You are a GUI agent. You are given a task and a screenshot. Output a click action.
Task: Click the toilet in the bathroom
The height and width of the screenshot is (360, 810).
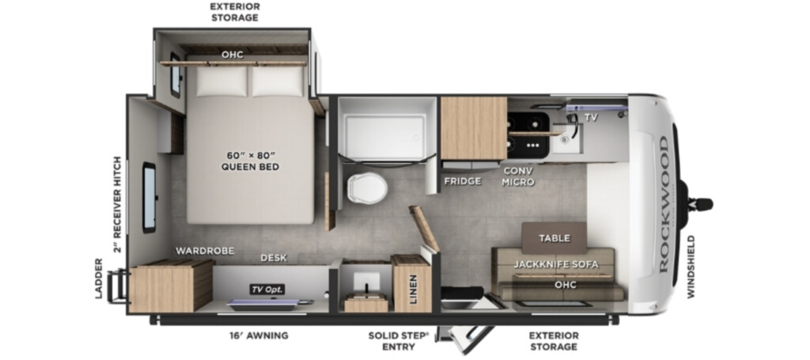[x=367, y=188]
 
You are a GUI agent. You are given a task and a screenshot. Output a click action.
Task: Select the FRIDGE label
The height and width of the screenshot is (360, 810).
[x=462, y=180]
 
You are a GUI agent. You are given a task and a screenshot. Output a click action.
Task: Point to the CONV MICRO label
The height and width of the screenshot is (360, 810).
[x=517, y=176]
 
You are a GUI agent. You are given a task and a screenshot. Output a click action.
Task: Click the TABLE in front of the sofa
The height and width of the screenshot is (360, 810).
[x=554, y=238]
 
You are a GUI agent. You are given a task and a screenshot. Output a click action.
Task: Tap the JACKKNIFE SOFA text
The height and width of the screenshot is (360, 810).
[x=556, y=264]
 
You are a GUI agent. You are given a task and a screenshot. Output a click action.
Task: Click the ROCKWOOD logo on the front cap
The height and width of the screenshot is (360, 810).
[x=664, y=204]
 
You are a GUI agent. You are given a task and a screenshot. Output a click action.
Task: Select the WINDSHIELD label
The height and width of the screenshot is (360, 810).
[x=691, y=267]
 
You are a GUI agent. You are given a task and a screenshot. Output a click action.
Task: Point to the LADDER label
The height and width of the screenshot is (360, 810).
[x=99, y=279]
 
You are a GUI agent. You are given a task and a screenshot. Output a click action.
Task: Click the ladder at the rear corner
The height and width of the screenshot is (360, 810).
[x=119, y=285]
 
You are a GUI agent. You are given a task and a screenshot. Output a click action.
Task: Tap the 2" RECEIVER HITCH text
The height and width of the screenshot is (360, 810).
[x=118, y=205]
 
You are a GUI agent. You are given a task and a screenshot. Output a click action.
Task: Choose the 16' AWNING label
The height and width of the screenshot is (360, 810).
[x=259, y=335]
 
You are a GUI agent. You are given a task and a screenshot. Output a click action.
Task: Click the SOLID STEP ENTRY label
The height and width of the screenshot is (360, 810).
[x=399, y=341]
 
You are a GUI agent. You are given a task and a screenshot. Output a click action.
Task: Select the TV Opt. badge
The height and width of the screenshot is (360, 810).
[x=267, y=290]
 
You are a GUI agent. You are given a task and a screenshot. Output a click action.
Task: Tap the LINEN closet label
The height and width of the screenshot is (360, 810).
[x=413, y=290]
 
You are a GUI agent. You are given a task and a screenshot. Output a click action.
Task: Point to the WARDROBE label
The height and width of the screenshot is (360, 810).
[x=205, y=251]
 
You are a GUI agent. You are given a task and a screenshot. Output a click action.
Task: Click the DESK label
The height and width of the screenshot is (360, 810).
[x=274, y=258]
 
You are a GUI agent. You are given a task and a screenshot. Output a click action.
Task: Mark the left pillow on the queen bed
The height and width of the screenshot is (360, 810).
[x=221, y=81]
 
